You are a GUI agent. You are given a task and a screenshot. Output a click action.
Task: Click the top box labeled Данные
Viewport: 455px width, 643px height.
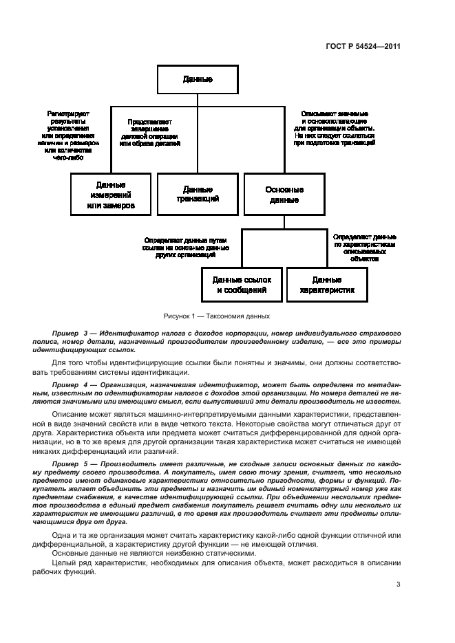coord(198,79)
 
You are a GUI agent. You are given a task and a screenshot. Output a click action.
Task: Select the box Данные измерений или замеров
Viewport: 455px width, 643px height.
coord(111,195)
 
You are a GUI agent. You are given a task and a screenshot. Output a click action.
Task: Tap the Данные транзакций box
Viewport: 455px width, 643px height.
coord(198,194)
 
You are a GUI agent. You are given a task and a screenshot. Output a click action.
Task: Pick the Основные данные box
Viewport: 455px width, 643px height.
coord(284,195)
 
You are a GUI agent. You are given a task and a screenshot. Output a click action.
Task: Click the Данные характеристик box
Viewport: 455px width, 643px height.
coord(327,285)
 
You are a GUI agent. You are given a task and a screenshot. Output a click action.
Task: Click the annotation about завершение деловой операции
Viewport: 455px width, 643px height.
coord(149,132)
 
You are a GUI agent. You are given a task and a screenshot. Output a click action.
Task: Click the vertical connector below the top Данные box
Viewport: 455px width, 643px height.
coord(198,100)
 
